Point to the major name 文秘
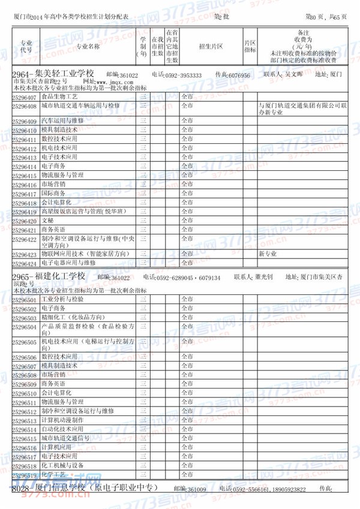[x=47, y=220]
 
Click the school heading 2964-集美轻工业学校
[x=51, y=74]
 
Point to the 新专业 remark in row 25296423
[x=267, y=254]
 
